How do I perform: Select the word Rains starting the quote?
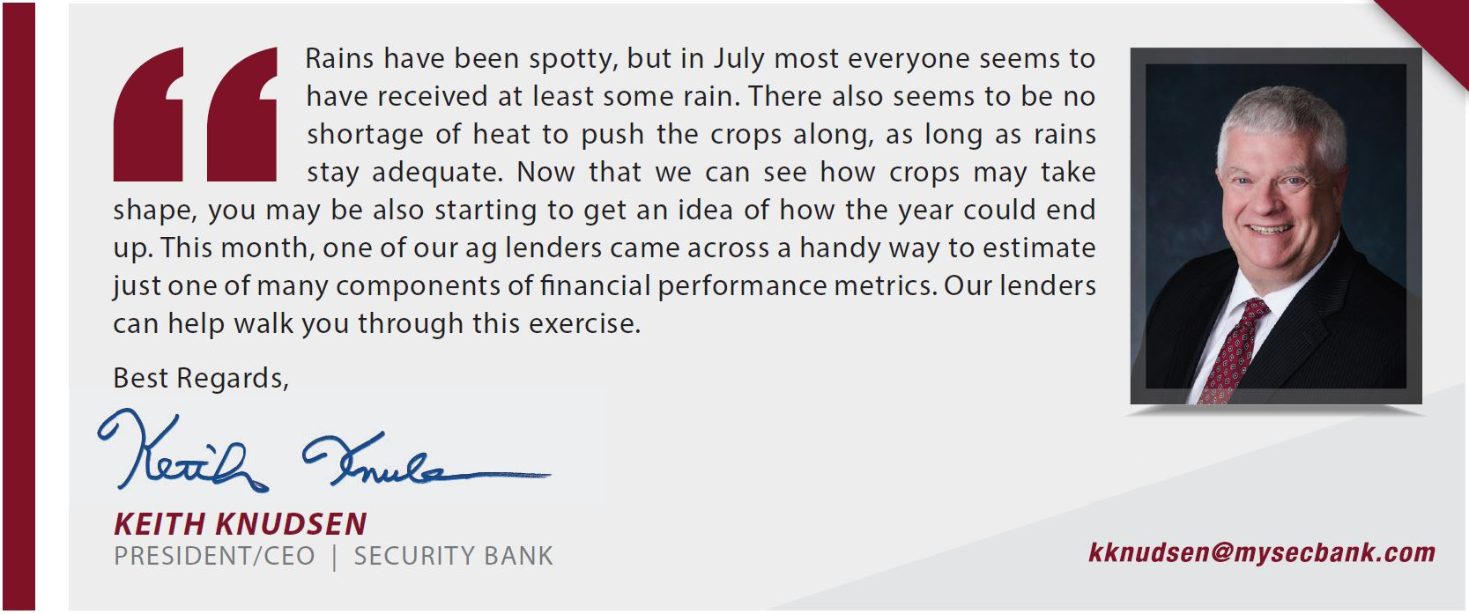click(x=339, y=58)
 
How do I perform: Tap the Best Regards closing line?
click(x=201, y=379)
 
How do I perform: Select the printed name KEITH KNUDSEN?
click(x=240, y=523)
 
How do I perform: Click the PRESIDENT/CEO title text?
click(x=214, y=556)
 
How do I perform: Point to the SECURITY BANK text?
click(x=453, y=556)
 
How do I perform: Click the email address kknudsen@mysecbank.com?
click(x=1262, y=552)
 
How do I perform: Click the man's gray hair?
click(x=1282, y=122)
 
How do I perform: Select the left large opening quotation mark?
click(x=148, y=114)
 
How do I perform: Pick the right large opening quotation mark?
click(x=242, y=114)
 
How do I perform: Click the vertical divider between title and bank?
click(x=335, y=557)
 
